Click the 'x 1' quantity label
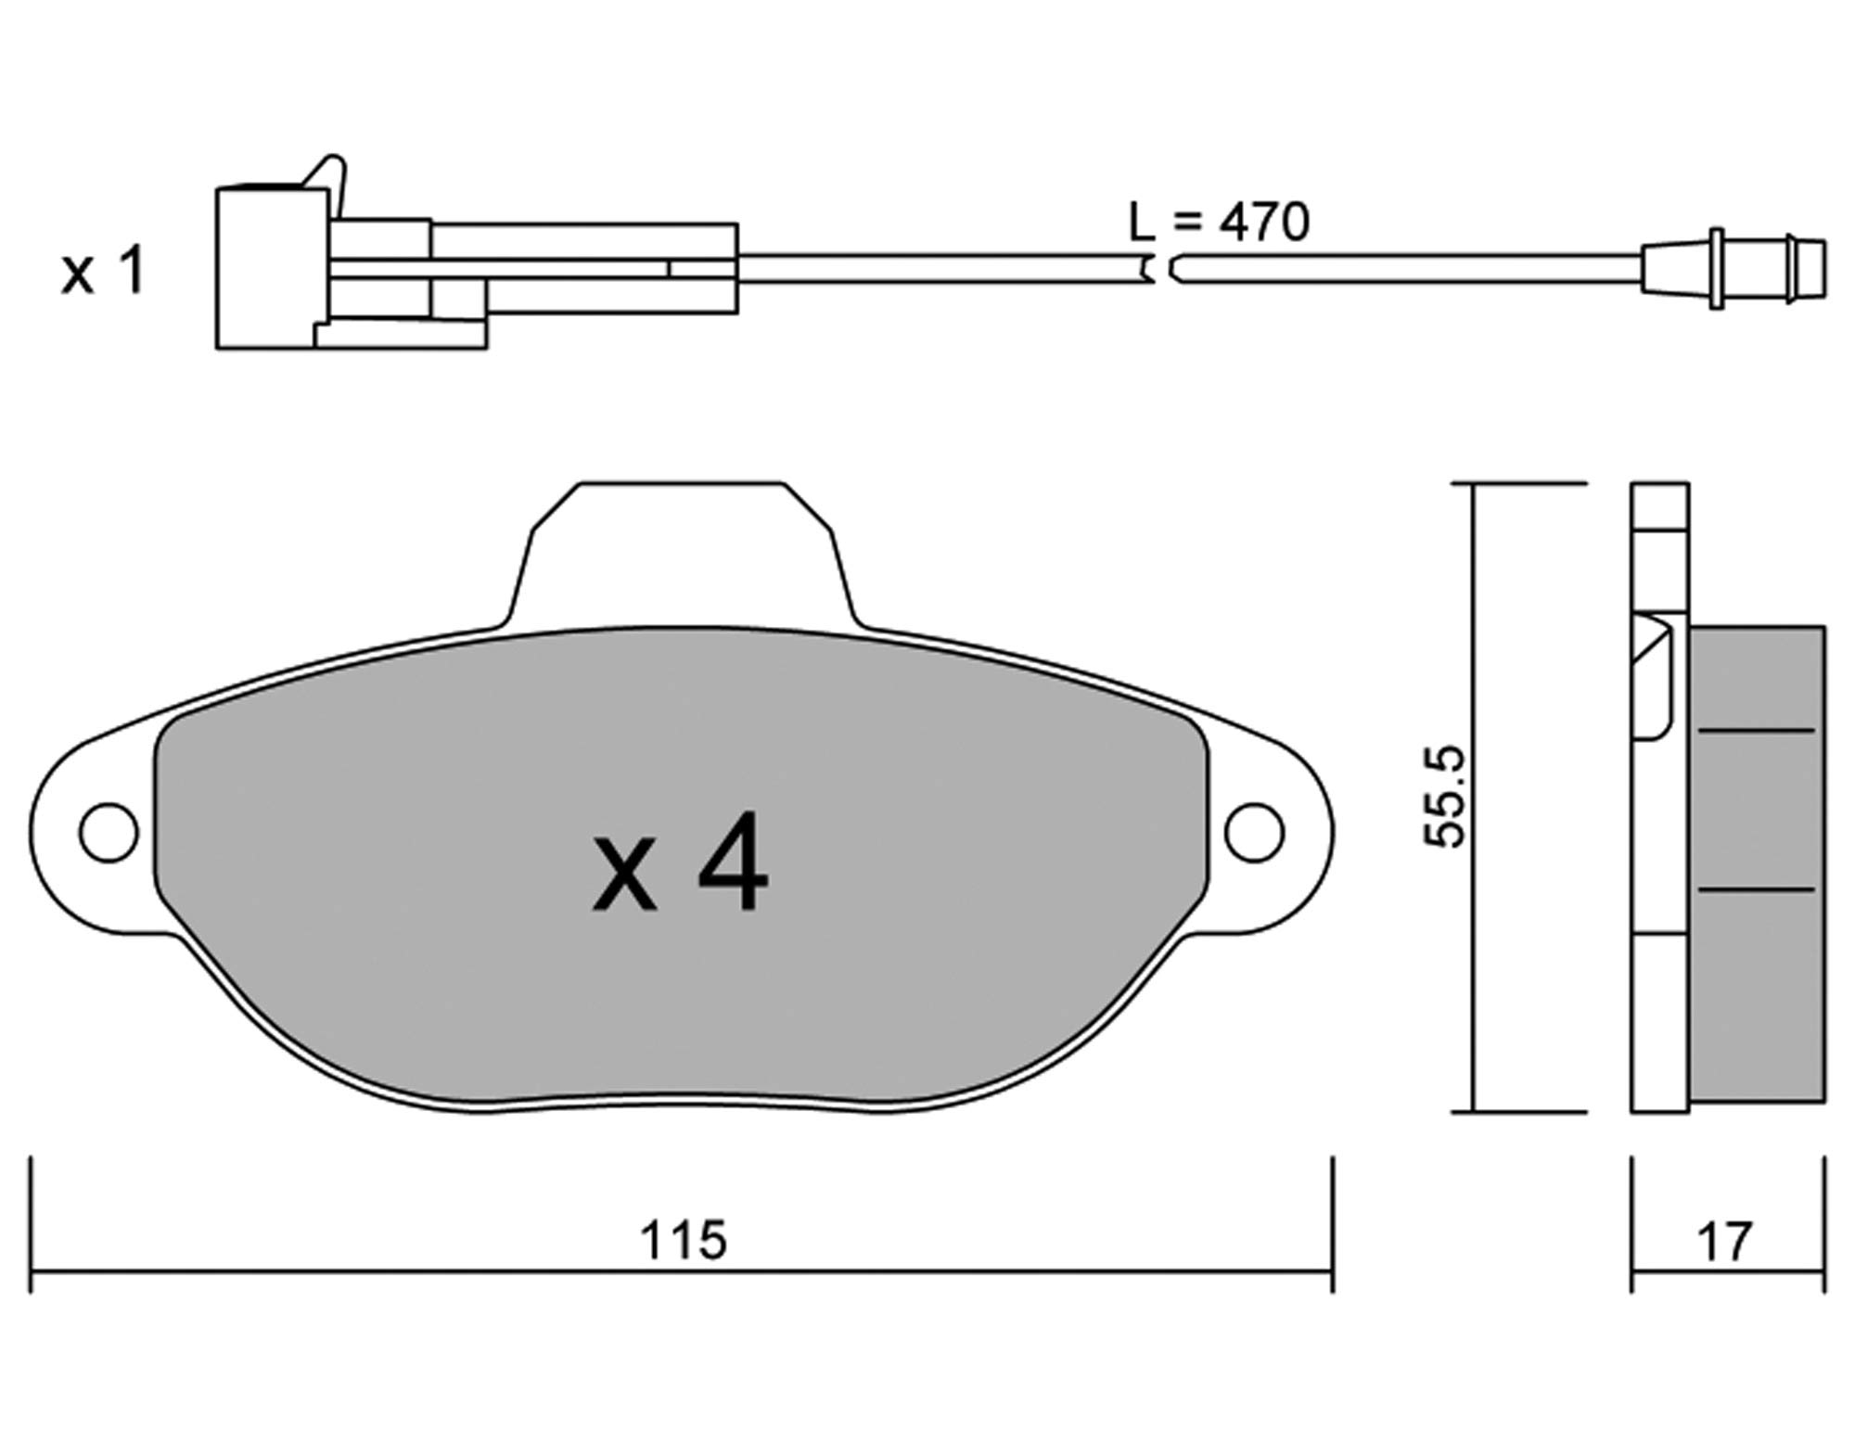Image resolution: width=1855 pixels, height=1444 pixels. click(x=103, y=271)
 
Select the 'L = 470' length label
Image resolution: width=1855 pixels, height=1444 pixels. click(x=1219, y=222)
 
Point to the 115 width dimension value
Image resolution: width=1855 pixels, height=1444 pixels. click(x=684, y=1240)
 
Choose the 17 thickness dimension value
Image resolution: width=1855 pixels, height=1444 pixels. click(x=1725, y=1242)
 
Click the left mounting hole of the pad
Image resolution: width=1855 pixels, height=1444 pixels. click(x=109, y=832)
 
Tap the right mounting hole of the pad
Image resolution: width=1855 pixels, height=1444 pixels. click(x=1255, y=832)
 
